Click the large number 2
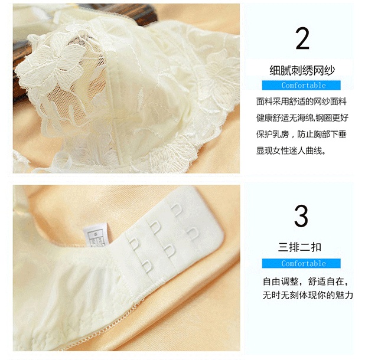click(302, 38)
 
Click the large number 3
click(301, 215)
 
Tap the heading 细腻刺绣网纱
click(302, 71)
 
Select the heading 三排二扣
click(299, 247)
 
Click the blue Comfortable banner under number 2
click(301, 86)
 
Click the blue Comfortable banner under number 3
click(301, 263)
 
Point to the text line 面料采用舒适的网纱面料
click(301, 102)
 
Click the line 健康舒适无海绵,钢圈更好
click(302, 118)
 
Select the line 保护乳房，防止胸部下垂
click(301, 134)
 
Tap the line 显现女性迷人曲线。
click(291, 151)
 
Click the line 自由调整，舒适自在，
click(305, 282)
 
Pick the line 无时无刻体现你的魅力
click(308, 295)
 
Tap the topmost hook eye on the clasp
click(177, 210)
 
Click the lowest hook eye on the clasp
click(147, 266)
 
